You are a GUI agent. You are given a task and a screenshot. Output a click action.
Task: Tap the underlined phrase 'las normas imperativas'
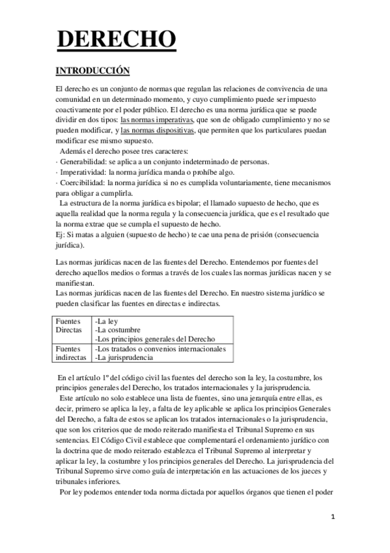157,120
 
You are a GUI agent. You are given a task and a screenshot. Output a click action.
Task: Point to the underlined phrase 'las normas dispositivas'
158,130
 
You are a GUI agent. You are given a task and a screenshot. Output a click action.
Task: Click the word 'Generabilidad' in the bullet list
83,161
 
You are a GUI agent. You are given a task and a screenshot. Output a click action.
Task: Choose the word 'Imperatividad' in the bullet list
81,172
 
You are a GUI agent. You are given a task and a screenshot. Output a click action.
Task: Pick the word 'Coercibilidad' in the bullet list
82,182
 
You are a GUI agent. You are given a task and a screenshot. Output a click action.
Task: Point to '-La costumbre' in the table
117,330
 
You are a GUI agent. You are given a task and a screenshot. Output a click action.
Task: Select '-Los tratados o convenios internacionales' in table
160,349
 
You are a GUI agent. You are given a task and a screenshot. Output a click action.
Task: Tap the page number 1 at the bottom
332,517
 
